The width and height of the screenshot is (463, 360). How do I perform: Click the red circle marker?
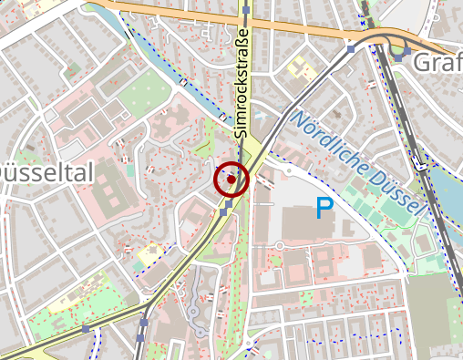231,180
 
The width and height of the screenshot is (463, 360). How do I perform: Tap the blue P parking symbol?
324,209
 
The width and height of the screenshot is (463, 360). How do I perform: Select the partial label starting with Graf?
437,63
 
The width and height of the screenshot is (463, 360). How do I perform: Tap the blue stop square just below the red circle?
223,211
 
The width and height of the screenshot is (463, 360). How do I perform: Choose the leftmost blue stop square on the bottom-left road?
85,329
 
